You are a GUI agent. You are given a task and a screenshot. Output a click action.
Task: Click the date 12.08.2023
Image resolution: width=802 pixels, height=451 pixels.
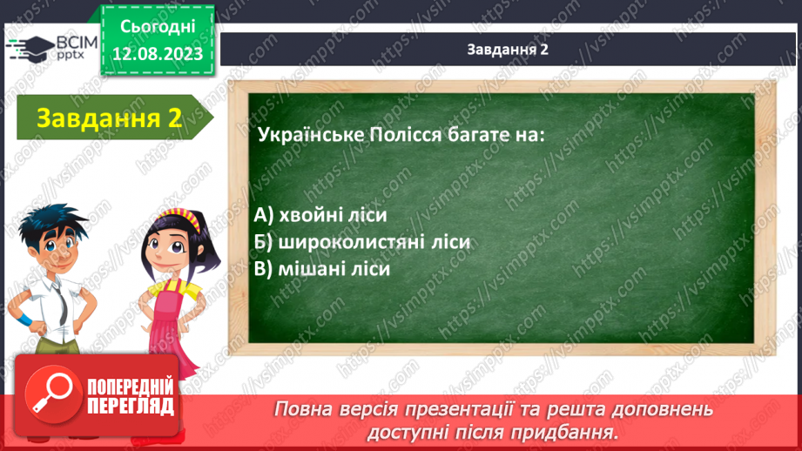[x=158, y=54]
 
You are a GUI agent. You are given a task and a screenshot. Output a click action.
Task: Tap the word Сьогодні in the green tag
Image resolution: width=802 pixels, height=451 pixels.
[x=158, y=27]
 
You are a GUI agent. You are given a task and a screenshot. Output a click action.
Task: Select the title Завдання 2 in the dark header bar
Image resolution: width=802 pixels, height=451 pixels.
[x=508, y=49]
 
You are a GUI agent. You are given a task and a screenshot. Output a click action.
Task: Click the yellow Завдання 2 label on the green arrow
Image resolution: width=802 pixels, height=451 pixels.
[x=109, y=118]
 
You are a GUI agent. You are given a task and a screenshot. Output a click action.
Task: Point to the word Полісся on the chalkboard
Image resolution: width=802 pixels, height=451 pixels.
[x=405, y=135]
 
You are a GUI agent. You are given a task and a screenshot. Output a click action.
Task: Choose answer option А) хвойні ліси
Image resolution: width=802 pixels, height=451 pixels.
[x=320, y=215]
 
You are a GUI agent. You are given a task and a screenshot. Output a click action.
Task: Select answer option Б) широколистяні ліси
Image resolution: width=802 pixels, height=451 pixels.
[x=361, y=242]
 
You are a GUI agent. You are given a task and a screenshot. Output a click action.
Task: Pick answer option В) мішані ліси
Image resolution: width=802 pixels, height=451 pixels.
[x=321, y=269]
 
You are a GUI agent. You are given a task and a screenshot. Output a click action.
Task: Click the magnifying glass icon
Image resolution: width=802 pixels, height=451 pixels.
[x=52, y=394]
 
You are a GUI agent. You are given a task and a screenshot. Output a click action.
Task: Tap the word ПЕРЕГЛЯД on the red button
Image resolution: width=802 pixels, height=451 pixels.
[x=131, y=407]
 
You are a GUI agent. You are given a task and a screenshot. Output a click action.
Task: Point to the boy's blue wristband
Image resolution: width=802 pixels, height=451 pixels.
[x=23, y=320]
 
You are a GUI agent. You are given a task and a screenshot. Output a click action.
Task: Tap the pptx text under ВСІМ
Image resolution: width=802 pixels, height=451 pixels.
[x=71, y=55]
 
